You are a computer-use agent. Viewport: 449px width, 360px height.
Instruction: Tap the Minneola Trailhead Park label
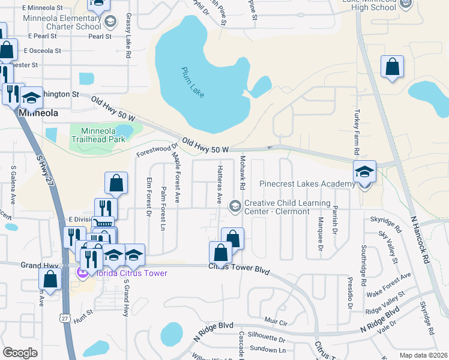click(98, 134)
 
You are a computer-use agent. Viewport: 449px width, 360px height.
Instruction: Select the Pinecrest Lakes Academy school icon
click(364, 172)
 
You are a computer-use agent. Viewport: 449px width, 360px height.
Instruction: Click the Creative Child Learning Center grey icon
click(235, 206)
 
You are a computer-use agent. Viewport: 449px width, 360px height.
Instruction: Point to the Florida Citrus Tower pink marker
click(80, 274)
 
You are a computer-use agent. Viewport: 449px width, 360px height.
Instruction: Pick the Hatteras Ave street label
click(220, 184)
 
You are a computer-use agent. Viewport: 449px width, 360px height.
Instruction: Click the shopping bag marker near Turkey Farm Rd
click(392, 68)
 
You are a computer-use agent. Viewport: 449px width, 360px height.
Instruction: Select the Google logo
click(20, 353)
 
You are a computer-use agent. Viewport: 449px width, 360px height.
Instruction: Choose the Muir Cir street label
click(277, 322)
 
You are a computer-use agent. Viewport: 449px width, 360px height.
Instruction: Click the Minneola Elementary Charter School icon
click(110, 23)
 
